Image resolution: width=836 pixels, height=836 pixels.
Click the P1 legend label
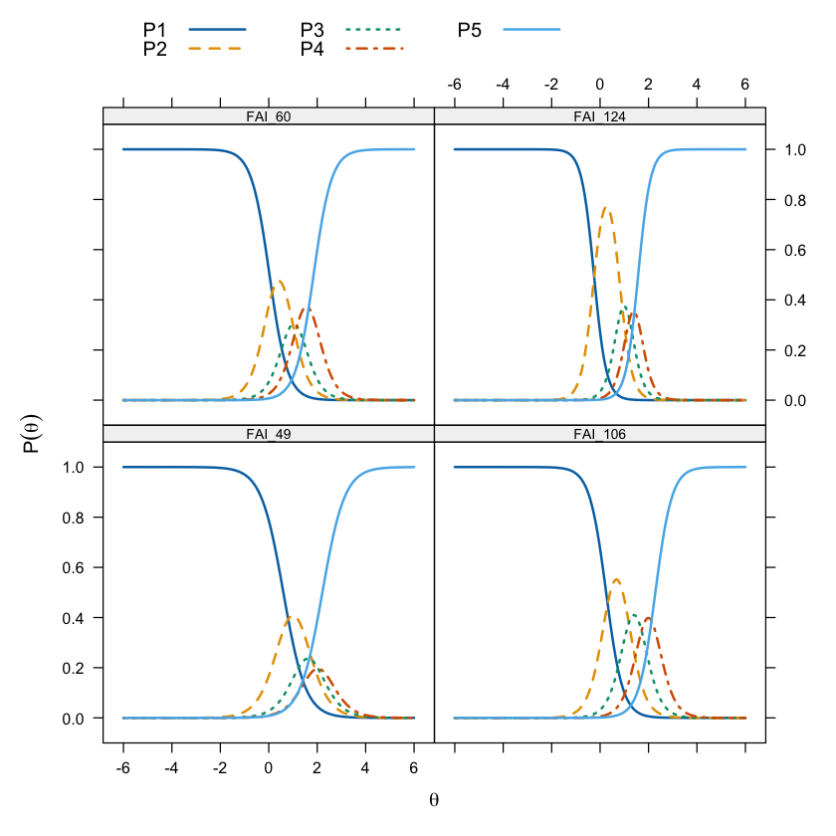point(154,31)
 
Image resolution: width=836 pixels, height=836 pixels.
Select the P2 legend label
point(154,48)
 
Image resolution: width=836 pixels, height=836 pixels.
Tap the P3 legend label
point(313,31)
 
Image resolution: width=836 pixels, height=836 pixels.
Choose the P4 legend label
point(313,48)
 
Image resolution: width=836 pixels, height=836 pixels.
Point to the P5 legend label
point(470,31)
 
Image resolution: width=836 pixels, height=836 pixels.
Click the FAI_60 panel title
point(269,116)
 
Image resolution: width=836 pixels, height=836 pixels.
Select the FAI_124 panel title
point(600,116)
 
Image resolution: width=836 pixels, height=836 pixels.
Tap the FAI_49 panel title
point(269,434)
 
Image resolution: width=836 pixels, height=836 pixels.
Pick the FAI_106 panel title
point(600,434)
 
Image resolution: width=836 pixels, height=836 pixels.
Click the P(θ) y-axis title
point(32,434)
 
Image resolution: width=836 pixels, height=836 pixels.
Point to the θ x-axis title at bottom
point(434,798)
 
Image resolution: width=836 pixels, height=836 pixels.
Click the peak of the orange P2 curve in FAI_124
point(607,207)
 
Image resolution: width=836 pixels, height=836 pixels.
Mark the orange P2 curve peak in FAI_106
point(616,579)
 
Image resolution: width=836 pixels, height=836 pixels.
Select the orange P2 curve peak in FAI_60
point(280,281)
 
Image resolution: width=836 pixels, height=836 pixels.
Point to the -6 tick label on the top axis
point(455,85)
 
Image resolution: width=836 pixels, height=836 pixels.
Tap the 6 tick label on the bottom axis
point(414,768)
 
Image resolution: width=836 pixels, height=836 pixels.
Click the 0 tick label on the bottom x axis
point(269,768)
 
